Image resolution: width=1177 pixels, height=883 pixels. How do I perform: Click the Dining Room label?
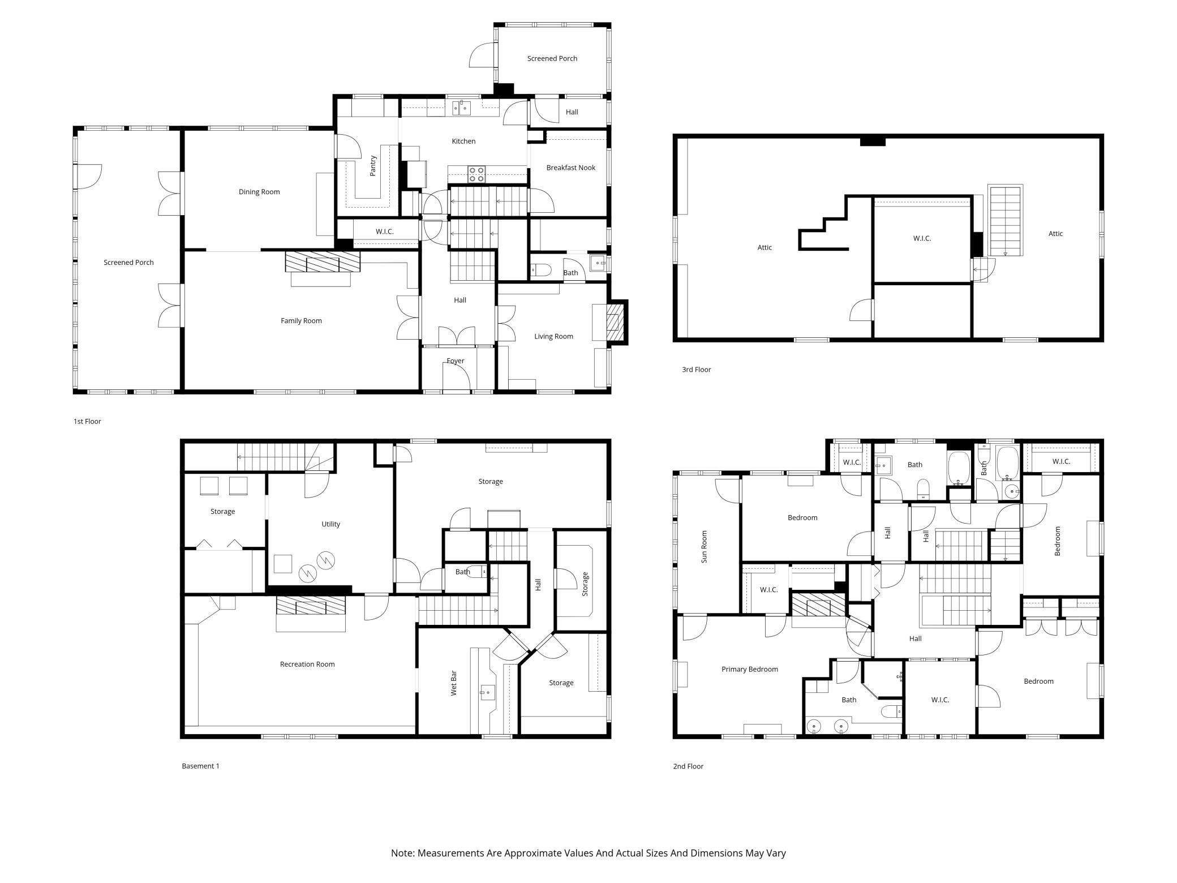point(259,192)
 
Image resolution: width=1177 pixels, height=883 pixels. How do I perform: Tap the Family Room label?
point(301,321)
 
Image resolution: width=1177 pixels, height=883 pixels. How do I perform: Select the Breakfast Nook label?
point(571,168)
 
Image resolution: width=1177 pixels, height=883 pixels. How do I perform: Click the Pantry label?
point(373,166)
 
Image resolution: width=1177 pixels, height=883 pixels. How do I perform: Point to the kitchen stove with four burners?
point(476,174)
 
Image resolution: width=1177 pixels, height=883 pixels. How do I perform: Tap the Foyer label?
point(456,361)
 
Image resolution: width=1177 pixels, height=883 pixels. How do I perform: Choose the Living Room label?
point(553,337)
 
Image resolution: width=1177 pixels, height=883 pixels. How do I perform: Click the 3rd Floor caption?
point(696,370)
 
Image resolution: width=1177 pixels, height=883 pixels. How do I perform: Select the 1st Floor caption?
point(87,422)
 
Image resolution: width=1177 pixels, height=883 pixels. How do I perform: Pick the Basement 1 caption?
point(200,766)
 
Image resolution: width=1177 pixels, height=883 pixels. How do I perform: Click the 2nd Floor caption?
point(688,766)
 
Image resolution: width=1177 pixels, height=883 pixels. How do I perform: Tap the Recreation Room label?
point(307,665)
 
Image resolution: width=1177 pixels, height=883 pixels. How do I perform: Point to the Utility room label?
point(331,524)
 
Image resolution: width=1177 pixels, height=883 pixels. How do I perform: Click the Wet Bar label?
point(453,683)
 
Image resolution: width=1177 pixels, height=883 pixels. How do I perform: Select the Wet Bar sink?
point(487,692)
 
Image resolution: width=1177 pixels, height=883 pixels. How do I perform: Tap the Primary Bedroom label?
point(750,670)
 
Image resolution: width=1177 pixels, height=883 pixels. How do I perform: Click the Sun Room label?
point(705,547)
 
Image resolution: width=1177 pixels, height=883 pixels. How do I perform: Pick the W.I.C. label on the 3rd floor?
point(922,239)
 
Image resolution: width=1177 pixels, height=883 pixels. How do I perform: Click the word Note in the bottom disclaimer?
point(402,853)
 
